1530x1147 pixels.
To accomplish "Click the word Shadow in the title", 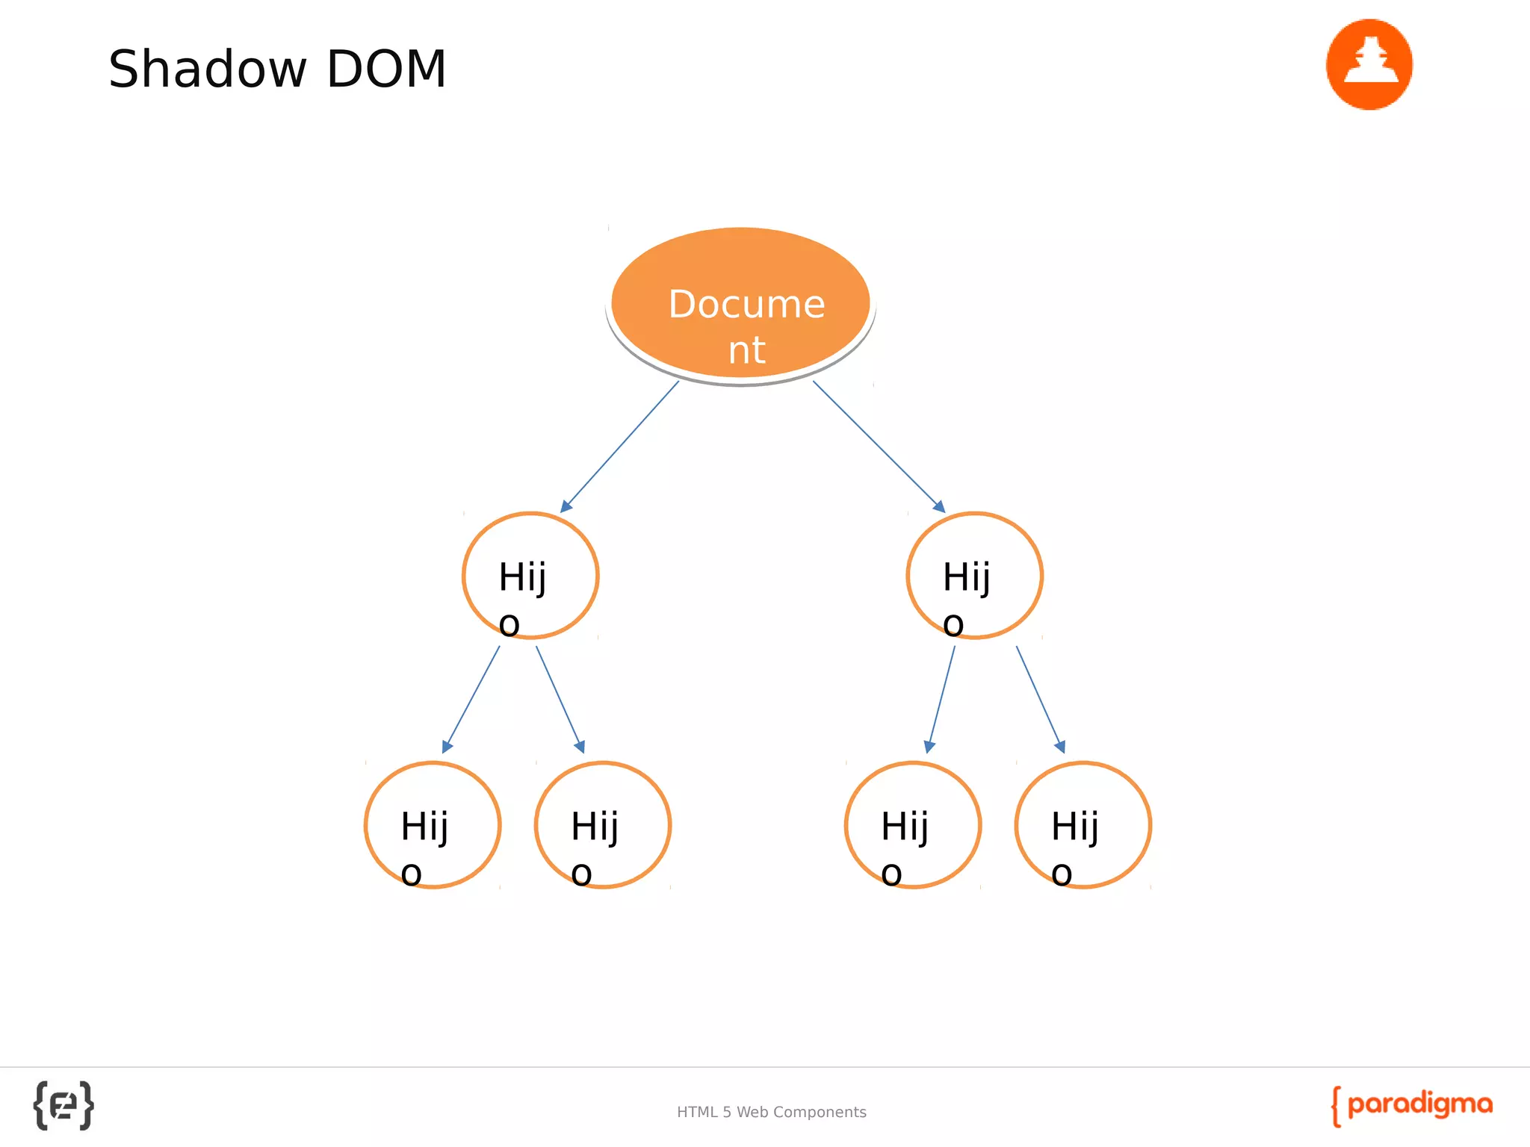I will tap(207, 69).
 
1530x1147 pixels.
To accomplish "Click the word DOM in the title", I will tap(386, 69).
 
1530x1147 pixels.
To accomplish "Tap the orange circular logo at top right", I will tap(1369, 64).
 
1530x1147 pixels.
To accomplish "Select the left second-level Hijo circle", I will tap(530, 575).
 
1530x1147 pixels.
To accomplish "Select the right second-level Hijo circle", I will tap(974, 575).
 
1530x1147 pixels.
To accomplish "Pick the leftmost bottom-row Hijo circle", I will tap(433, 824).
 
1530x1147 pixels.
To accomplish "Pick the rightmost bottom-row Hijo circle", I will tap(1083, 824).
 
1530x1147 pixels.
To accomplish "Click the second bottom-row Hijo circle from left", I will tap(603, 824).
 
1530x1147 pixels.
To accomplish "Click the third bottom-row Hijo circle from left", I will tap(912, 824).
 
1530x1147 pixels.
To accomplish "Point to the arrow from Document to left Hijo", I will tap(620, 446).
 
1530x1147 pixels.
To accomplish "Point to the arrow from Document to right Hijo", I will tap(879, 446).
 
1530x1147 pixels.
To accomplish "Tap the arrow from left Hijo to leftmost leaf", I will tap(471, 699).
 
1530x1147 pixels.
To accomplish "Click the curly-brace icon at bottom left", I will tap(64, 1105).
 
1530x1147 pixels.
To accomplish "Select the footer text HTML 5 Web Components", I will tap(771, 1112).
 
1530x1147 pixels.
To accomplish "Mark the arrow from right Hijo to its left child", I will tap(941, 699).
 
